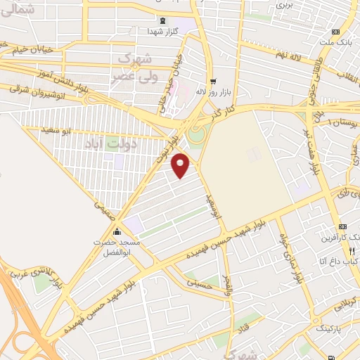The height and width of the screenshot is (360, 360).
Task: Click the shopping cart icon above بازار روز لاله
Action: coord(212,80)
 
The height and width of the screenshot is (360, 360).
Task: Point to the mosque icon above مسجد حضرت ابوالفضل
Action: coord(117,233)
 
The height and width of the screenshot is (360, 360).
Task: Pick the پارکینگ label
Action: coord(326,328)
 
